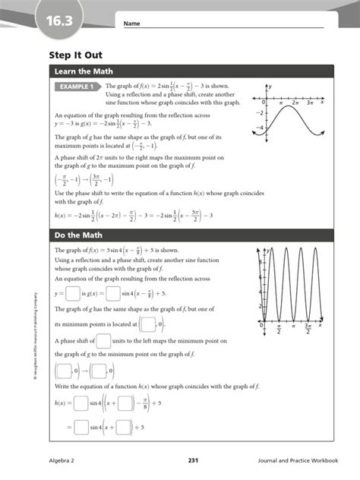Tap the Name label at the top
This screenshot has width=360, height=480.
point(131,24)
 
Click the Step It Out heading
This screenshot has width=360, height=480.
point(75,55)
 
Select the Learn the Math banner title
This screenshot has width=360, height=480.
point(84,71)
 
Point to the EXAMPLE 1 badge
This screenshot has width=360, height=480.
point(77,87)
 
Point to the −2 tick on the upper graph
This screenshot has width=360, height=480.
point(259,112)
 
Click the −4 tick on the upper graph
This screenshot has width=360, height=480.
point(259,128)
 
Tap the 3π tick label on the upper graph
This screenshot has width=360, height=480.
point(309,102)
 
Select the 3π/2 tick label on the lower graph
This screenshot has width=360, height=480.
point(309,328)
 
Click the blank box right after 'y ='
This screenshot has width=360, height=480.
point(73,293)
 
